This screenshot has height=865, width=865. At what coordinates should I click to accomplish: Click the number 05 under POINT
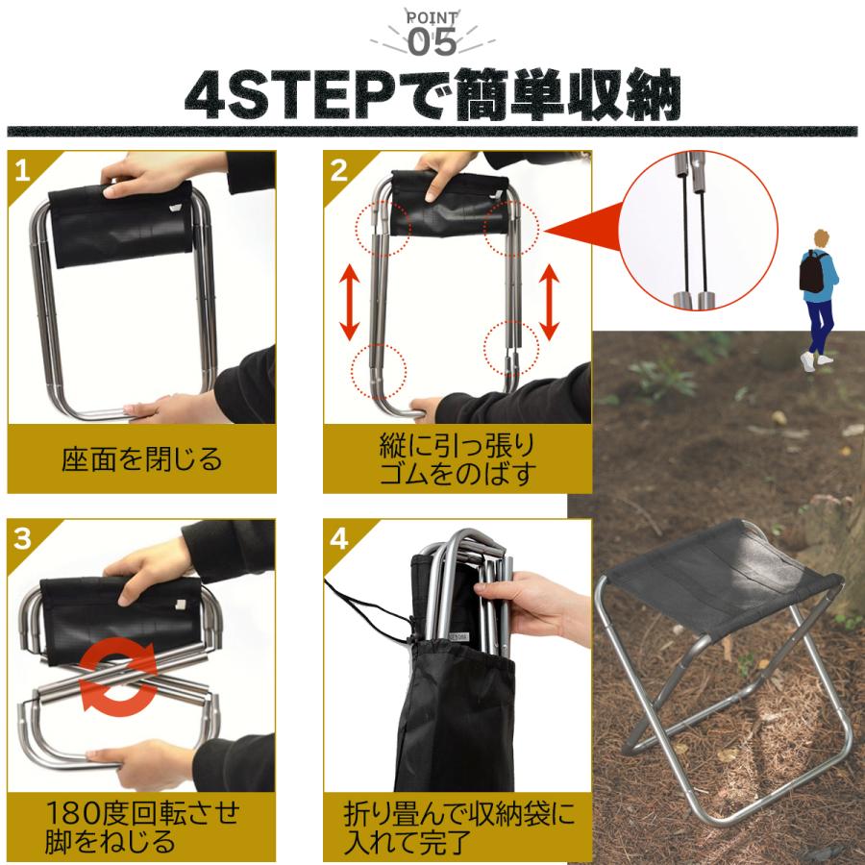click(432, 42)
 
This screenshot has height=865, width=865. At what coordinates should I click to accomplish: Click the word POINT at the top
click(432, 17)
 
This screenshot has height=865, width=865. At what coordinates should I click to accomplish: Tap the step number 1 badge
click(22, 170)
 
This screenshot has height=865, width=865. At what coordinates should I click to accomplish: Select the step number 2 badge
click(338, 170)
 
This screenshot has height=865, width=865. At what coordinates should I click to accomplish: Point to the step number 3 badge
click(23, 538)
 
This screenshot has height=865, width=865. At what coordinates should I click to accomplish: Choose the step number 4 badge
click(338, 538)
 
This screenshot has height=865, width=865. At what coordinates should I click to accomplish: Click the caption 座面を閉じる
click(142, 459)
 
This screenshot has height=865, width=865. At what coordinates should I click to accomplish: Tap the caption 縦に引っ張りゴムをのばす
click(457, 459)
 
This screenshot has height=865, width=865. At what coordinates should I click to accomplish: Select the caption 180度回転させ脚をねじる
click(142, 828)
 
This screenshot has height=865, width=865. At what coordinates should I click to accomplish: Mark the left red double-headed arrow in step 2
click(350, 302)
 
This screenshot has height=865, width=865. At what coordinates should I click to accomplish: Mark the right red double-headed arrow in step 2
click(549, 302)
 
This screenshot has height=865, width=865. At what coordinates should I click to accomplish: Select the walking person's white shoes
click(815, 361)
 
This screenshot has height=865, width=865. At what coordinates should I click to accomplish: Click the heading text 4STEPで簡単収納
click(432, 95)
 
